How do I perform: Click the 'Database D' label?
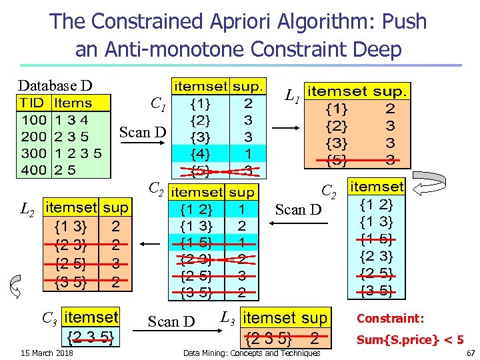tap(55, 85)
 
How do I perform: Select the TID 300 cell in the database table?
tap(33, 153)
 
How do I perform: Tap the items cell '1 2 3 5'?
tap(78, 153)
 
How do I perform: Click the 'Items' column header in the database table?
tap(73, 103)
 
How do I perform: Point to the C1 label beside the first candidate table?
tap(158, 103)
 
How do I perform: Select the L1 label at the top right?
tap(291, 97)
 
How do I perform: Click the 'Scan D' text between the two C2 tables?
tap(298, 210)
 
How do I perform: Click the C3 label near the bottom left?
tap(49, 318)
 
